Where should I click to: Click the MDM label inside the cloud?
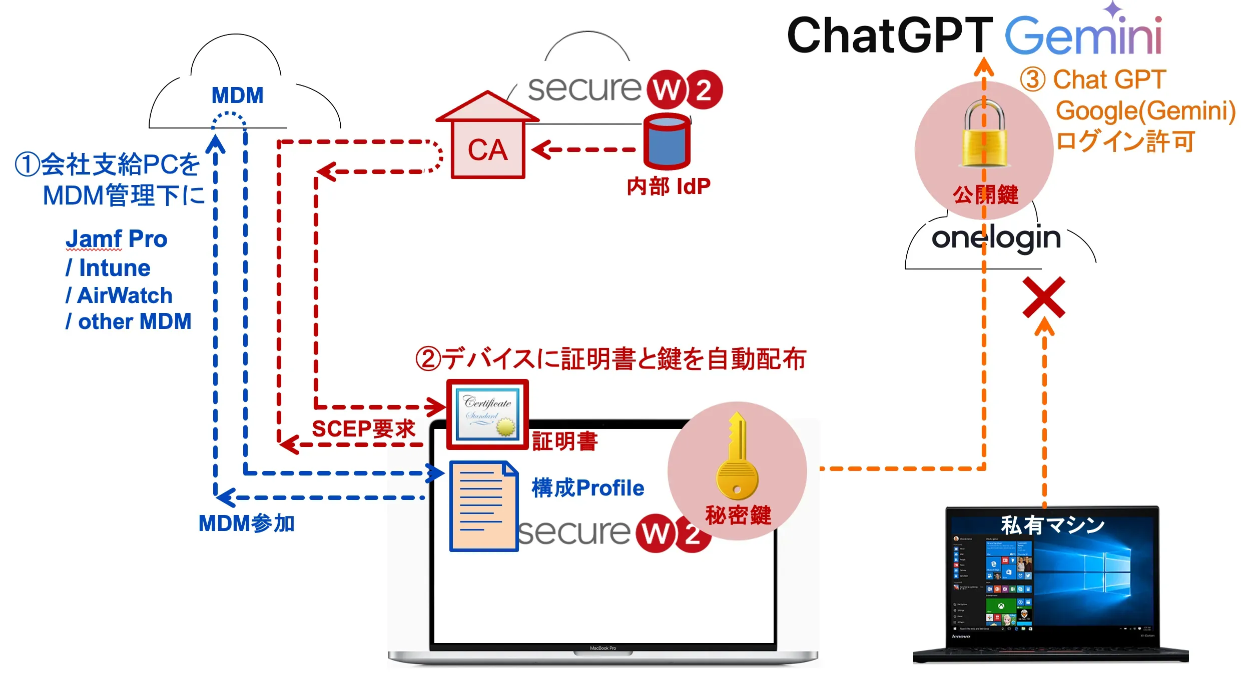[237, 95]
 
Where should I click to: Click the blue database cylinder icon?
[667, 141]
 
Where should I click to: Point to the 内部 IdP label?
[669, 186]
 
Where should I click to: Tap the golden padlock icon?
[984, 134]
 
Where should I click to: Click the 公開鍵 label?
[985, 195]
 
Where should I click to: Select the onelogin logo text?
[996, 238]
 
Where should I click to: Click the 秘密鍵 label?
[738, 515]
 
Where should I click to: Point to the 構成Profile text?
[588, 488]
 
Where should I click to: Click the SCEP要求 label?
[364, 429]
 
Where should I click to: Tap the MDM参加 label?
[246, 523]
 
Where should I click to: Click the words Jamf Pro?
[117, 239]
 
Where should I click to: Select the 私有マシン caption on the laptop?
[1052, 525]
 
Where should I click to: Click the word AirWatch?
[125, 295]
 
